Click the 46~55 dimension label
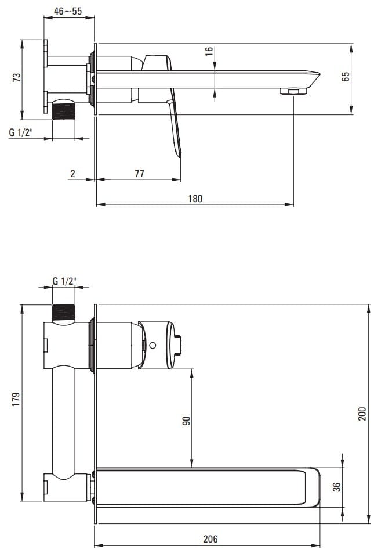pos(68,11)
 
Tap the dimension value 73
pos(17,78)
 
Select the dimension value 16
pos(209,51)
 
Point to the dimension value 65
pos(346,77)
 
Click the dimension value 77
pos(139,174)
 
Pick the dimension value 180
pos(195,199)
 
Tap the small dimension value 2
pos(72,174)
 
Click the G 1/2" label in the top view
pos(21,132)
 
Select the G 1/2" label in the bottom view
pos(64,281)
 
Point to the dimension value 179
pos(16,400)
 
